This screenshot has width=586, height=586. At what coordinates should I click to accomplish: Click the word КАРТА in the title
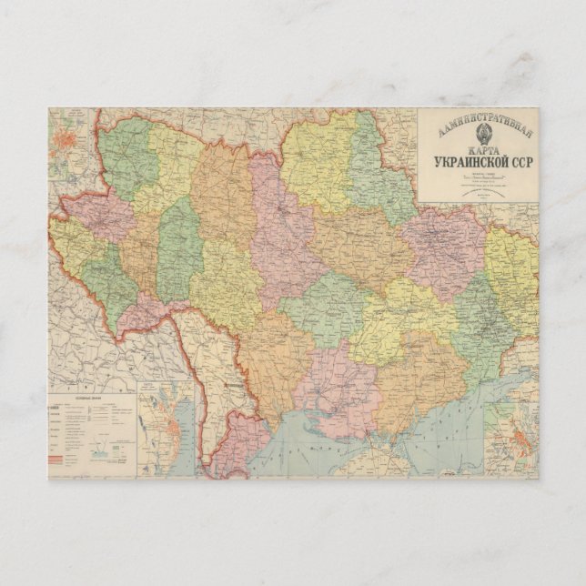point(478,151)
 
